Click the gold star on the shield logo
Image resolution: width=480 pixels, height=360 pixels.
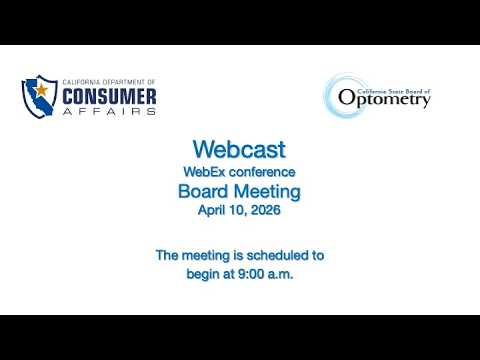(x=41, y=90)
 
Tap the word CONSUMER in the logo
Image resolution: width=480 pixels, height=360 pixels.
(x=109, y=97)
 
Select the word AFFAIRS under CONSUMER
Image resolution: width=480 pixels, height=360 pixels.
(x=109, y=111)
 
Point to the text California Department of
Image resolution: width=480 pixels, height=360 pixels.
(x=109, y=82)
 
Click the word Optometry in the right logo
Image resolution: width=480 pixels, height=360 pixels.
(x=384, y=99)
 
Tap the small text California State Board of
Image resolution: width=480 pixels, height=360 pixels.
(x=394, y=91)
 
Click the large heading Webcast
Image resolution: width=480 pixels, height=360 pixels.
(x=239, y=149)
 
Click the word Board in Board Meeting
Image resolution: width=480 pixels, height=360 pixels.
(x=203, y=191)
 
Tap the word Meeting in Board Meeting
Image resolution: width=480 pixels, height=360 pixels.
(x=267, y=192)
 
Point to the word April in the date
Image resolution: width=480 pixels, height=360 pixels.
(x=211, y=210)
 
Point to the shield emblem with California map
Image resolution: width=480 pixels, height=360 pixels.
(x=39, y=96)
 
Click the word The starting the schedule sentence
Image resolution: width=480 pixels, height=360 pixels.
(x=167, y=255)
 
